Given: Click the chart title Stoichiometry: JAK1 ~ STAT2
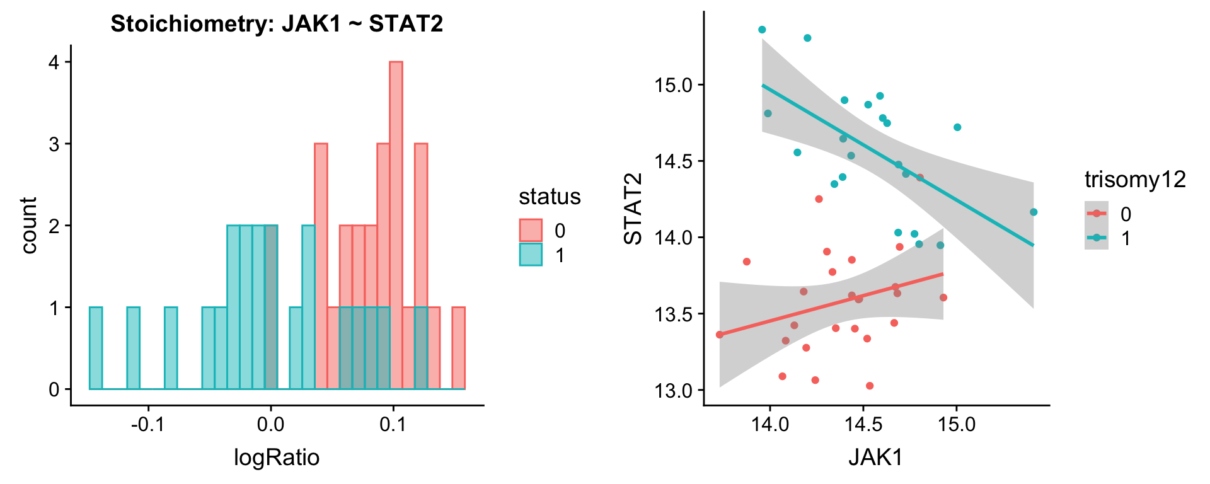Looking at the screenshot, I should point(277,24).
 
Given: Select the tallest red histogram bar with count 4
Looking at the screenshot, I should point(396,225).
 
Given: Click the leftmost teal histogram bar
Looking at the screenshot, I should point(96,348).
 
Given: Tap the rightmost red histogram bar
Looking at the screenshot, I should point(459,348).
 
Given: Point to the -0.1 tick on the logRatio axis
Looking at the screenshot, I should point(148,423).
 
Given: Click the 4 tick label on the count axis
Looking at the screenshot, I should point(54,62).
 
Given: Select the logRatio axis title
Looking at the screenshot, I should point(277,457).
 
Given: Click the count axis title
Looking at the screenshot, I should point(29,225).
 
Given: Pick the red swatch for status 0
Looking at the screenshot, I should point(531,231).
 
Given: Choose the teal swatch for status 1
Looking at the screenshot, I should point(531,255).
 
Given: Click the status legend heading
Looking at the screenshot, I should point(550,197).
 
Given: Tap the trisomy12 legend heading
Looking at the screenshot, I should point(1135,180).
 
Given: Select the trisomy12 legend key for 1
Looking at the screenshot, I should point(1097,238).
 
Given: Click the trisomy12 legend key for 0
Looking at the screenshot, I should point(1097,214).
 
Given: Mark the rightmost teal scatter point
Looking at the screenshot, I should point(1034,212).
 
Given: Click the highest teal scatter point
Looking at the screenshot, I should point(762,30).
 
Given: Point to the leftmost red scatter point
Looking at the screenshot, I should point(720,335).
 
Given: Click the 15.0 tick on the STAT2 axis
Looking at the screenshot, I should point(674,85).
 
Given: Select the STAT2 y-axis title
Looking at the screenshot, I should point(633,209).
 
